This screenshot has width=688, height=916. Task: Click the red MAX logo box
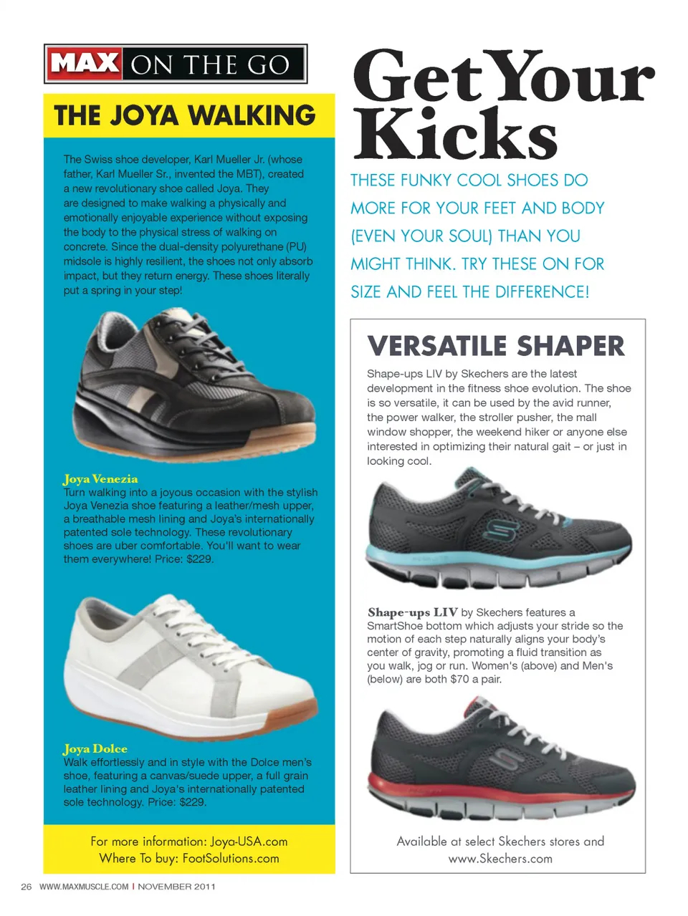pyautogui.click(x=85, y=64)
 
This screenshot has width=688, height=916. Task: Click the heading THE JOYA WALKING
pyautogui.click(x=184, y=115)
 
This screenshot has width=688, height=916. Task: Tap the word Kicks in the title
pyautogui.click(x=455, y=134)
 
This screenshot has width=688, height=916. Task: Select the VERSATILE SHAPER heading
pyautogui.click(x=496, y=346)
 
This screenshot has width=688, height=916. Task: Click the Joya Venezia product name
pyautogui.click(x=100, y=479)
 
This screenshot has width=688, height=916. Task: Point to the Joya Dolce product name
pyautogui.click(x=95, y=749)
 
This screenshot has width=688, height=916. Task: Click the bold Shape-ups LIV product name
pyautogui.click(x=412, y=612)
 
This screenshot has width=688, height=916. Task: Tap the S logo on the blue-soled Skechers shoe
pyautogui.click(x=499, y=530)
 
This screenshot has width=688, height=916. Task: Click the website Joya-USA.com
pyautogui.click(x=249, y=842)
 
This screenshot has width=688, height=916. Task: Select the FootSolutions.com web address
pyautogui.click(x=231, y=858)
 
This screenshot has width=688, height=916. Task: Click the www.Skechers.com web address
pyautogui.click(x=500, y=858)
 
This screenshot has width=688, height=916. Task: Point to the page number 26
pyautogui.click(x=27, y=887)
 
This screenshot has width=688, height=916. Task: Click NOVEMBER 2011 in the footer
pyautogui.click(x=176, y=887)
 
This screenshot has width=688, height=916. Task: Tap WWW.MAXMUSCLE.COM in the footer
pyautogui.click(x=84, y=887)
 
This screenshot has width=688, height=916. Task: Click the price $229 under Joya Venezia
pyautogui.click(x=199, y=559)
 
